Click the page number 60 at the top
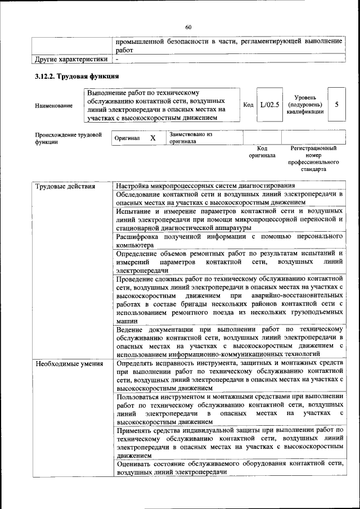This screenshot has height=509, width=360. (x=188, y=27)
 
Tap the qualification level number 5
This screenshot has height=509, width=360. (x=336, y=105)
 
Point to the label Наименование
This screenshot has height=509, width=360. (x=53, y=106)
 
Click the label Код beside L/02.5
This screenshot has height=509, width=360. (x=247, y=105)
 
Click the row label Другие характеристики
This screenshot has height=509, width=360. (x=71, y=59)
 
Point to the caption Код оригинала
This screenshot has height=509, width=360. (x=262, y=151)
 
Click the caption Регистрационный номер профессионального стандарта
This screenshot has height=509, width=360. (x=313, y=158)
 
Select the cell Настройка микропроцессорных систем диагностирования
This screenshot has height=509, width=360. (x=205, y=186)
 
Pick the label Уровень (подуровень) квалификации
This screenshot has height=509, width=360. (x=304, y=105)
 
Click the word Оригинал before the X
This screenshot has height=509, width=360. (x=127, y=138)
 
